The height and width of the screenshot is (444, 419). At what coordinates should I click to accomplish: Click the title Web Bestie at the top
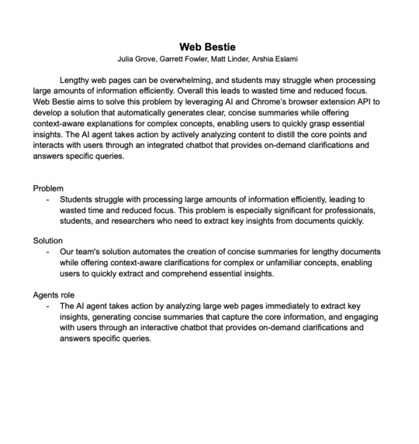pyautogui.click(x=209, y=46)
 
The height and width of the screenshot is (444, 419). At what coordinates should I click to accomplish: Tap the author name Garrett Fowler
pyautogui.click(x=192, y=59)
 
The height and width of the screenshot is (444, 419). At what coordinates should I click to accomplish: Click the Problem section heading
pyautogui.click(x=48, y=188)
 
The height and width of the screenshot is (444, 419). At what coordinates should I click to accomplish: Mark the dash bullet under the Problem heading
pyautogui.click(x=47, y=199)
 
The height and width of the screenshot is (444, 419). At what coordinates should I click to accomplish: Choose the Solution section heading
pyautogui.click(x=48, y=241)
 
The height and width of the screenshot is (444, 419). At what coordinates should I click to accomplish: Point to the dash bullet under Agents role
pyautogui.click(x=47, y=305)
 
